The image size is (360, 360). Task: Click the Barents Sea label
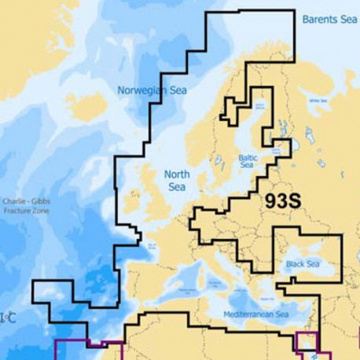(x=329, y=18)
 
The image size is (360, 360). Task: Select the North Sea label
(x=177, y=181)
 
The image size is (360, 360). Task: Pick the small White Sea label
(x=318, y=101)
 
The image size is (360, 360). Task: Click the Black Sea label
(x=303, y=264)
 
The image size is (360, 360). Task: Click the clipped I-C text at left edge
(x=7, y=318)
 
